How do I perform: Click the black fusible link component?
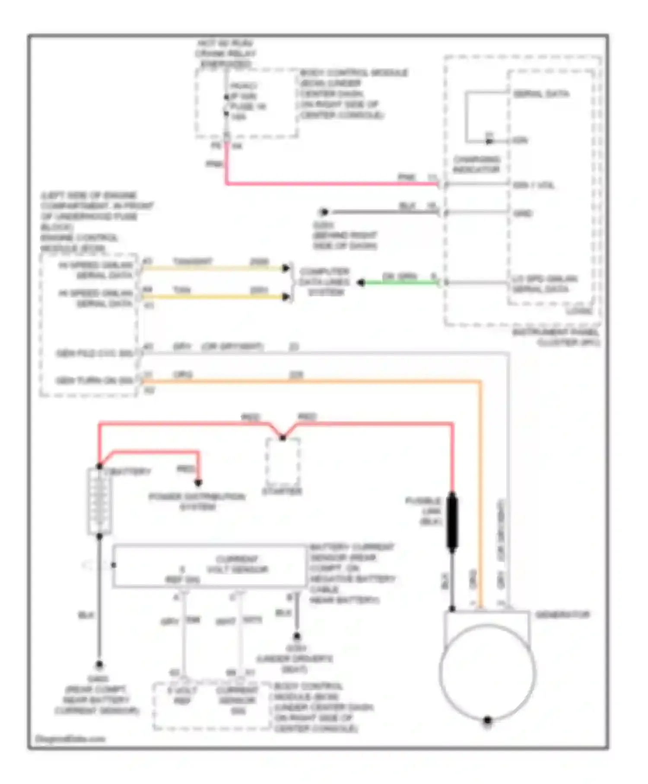[x=452, y=522]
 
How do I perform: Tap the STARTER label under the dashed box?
[x=282, y=491]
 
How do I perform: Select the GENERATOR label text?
[x=562, y=615]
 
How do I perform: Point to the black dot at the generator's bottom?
[x=487, y=720]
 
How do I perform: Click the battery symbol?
[x=100, y=501]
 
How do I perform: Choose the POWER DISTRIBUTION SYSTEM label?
[x=197, y=501]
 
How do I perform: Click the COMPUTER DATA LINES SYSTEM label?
[x=325, y=282]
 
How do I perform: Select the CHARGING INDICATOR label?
[x=476, y=164]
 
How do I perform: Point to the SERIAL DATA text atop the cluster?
[x=541, y=94]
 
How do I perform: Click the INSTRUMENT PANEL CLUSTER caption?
[x=556, y=338]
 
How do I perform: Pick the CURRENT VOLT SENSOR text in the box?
[x=237, y=564]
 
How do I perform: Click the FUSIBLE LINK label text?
[x=424, y=511]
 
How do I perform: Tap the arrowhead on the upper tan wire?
[x=286, y=268]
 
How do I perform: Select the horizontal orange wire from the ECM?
[x=302, y=382]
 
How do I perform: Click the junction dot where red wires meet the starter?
[x=283, y=438]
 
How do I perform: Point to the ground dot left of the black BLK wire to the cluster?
[x=323, y=212]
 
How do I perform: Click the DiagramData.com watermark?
[x=70, y=739]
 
